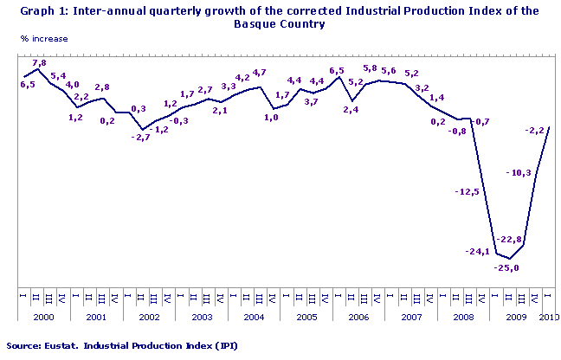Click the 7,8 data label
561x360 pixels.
39,63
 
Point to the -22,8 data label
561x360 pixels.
509,240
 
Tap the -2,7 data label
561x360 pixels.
139,137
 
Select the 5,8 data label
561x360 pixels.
371,69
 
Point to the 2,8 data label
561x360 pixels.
102,87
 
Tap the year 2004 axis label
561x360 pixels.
254,318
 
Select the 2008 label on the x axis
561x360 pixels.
464,318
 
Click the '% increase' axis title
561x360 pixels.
45,40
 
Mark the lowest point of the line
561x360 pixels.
510,259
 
